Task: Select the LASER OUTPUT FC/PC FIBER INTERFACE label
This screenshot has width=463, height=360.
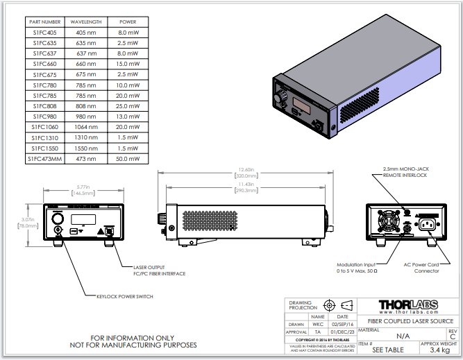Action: pyautogui.click(x=159, y=270)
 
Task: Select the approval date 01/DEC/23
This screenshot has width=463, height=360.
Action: pyautogui.click(x=345, y=332)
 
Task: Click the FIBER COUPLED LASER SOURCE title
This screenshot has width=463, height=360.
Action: pyautogui.click(x=410, y=320)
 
